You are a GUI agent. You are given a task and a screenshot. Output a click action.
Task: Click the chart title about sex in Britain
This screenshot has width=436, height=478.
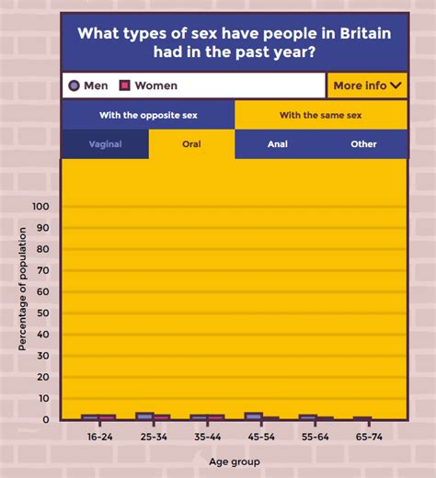click(x=235, y=42)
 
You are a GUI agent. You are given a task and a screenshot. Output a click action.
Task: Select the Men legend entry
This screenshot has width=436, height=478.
click(x=88, y=85)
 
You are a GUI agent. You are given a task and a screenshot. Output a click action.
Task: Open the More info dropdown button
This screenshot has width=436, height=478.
click(x=367, y=85)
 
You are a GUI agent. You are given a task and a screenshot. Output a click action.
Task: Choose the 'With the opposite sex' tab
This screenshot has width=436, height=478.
click(x=148, y=115)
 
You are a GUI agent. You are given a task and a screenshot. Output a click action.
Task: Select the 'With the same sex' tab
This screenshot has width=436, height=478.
click(x=321, y=115)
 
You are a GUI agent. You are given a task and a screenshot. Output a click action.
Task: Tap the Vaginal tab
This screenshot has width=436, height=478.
click(x=105, y=144)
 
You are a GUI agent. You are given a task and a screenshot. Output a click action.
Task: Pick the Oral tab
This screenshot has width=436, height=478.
click(x=191, y=144)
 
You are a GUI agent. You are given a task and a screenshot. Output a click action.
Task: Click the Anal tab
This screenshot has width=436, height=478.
click(x=278, y=144)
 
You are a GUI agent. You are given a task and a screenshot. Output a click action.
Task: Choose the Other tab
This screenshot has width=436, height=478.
click(x=363, y=144)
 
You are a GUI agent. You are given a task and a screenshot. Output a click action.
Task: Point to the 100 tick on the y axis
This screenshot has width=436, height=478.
click(x=40, y=207)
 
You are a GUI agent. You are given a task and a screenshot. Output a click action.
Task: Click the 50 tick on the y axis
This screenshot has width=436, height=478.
click(x=42, y=313)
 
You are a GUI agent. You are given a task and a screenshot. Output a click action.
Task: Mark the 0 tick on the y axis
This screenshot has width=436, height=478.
click(x=45, y=420)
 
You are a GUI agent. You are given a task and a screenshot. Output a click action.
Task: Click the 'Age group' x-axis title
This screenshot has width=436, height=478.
click(x=234, y=461)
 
